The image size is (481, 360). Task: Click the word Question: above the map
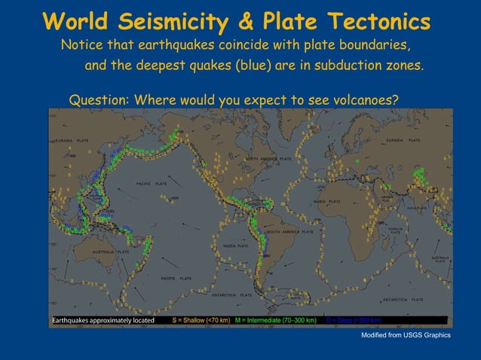point(99,100)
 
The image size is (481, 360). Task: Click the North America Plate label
point(268,160)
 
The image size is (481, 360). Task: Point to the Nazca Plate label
point(236,246)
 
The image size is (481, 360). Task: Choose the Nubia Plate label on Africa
point(326,202)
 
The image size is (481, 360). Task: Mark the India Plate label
point(416,207)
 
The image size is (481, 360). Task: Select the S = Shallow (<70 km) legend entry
point(201,320)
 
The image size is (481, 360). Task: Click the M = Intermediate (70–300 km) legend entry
point(275,320)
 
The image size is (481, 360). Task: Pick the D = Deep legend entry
point(354,320)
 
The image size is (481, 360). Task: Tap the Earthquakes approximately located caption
point(103,320)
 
